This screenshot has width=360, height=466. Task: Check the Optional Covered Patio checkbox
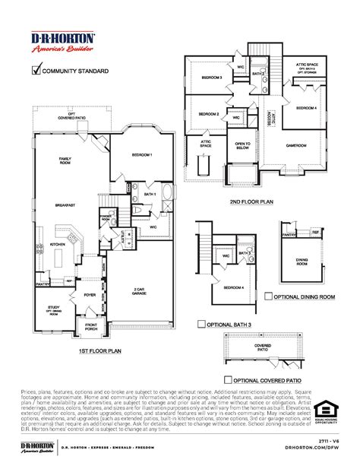[229, 379]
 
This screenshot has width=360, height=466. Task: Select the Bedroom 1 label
[141, 155]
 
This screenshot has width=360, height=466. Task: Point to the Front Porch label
[92, 328]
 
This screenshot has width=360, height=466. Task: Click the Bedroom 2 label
[209, 114]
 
